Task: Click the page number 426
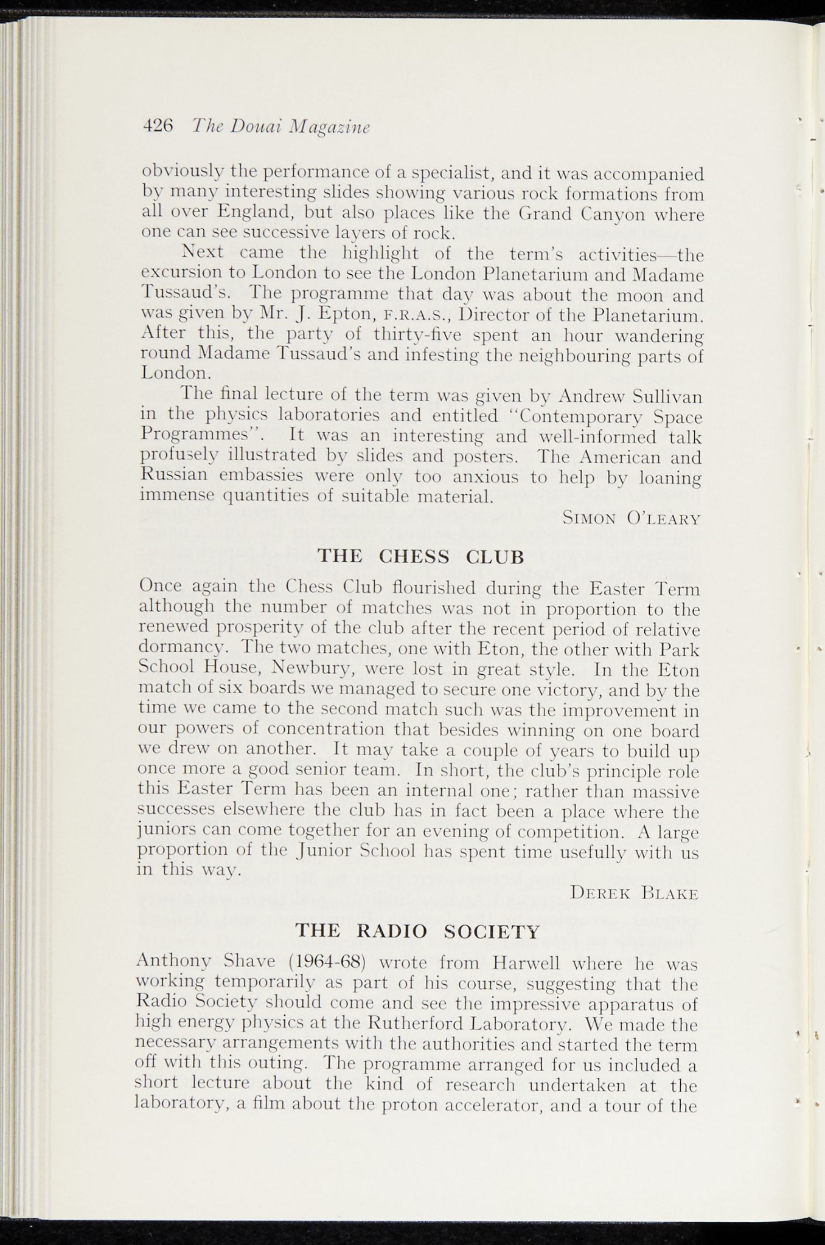click(x=158, y=126)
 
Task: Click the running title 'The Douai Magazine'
click(x=281, y=126)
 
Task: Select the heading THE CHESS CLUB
click(x=420, y=556)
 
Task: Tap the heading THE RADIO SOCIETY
click(x=417, y=931)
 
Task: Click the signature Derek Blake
click(x=634, y=893)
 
